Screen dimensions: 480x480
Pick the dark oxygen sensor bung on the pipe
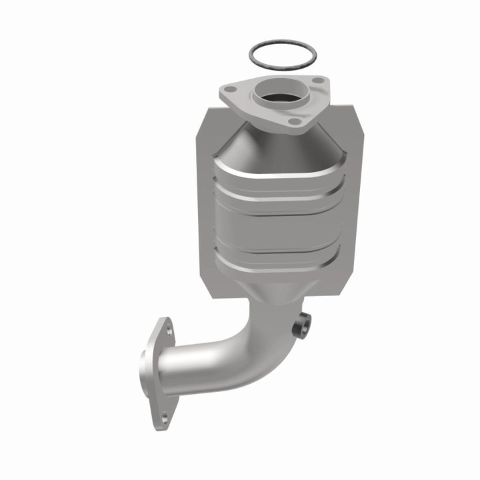point(302,326)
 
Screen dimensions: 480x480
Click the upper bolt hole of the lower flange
point(169,330)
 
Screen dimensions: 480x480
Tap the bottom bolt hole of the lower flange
point(165,417)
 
